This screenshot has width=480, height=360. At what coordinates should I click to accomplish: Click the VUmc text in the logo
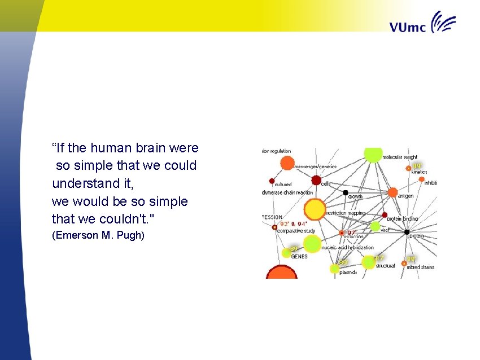408,27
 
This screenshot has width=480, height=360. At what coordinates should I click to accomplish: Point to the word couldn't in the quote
121,219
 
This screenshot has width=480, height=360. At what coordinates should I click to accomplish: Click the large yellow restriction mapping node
315,209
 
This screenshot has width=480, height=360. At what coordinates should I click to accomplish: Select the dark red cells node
316,180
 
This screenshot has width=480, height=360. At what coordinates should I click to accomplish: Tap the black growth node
346,192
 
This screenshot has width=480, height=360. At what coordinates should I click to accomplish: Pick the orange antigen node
392,192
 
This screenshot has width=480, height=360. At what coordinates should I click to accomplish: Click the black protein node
407,232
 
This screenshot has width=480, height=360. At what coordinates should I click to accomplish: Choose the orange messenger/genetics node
287,163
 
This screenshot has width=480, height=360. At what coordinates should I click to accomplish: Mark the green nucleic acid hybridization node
312,244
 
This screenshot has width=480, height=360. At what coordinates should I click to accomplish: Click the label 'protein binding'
402,219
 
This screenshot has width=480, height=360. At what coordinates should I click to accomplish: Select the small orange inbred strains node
404,263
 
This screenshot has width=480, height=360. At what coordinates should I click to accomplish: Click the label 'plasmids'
348,273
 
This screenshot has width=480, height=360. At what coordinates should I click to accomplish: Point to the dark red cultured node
272,181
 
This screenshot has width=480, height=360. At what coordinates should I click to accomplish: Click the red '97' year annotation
351,232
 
